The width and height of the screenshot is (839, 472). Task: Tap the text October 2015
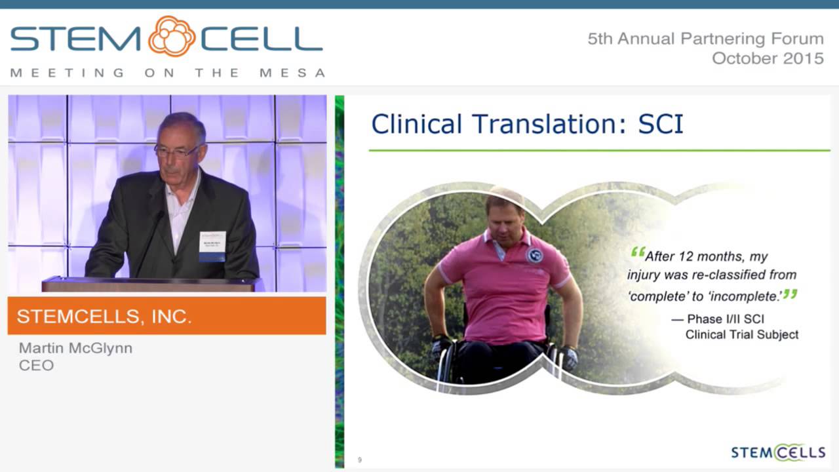(x=768, y=58)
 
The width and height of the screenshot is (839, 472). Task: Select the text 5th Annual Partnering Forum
(x=705, y=39)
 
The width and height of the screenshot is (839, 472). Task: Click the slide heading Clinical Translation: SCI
(x=527, y=124)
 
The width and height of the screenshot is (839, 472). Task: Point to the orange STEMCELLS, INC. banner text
(x=104, y=317)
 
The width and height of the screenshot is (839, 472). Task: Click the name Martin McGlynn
(x=75, y=348)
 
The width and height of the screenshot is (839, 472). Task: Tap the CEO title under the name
(x=36, y=365)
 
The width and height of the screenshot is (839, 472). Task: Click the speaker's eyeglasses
(x=175, y=150)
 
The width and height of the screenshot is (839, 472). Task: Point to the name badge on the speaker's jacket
(x=212, y=245)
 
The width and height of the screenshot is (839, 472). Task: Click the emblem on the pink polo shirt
(x=534, y=255)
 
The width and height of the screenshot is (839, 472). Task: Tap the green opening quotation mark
(x=637, y=252)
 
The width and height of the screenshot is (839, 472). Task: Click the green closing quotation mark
(x=790, y=294)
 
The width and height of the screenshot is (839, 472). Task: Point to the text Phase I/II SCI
(x=725, y=319)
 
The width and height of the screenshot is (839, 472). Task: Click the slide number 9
(x=359, y=460)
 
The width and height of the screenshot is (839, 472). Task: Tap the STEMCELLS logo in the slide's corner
(x=778, y=452)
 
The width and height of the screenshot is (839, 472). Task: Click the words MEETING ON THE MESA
(x=168, y=73)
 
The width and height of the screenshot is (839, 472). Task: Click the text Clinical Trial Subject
(x=741, y=334)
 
